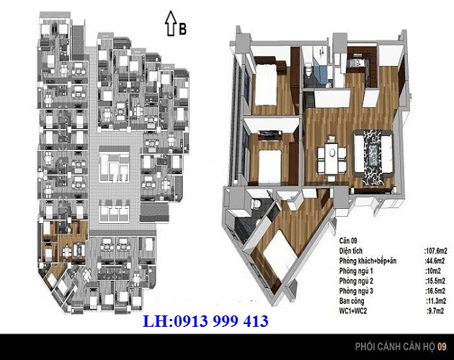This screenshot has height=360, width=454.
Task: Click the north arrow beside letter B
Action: pyautogui.click(x=171, y=24)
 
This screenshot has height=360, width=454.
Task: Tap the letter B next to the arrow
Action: pyautogui.click(x=182, y=29)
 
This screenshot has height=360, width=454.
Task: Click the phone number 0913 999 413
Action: pyautogui.click(x=221, y=321)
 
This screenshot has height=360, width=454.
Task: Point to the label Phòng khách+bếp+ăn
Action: pyautogui.click(x=368, y=261)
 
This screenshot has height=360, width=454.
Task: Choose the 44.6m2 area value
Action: pyautogui.click(x=435, y=261)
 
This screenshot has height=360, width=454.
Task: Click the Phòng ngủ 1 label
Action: pyautogui.click(x=356, y=271)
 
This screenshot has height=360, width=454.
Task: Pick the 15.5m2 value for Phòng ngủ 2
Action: pyautogui.click(x=435, y=281)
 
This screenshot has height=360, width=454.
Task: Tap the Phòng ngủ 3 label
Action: pyautogui.click(x=356, y=291)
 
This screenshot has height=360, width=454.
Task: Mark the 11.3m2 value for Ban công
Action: pyautogui.click(x=436, y=301)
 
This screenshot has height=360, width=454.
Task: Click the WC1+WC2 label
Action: pyautogui.click(x=353, y=311)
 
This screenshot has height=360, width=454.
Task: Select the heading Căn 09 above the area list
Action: pyautogui.click(x=348, y=240)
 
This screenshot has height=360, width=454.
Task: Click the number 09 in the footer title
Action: pyautogui.click(x=442, y=346)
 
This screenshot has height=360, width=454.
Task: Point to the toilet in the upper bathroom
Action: pyautogui.click(x=309, y=69)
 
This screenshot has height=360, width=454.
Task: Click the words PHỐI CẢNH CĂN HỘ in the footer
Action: pyautogui.click(x=395, y=346)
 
